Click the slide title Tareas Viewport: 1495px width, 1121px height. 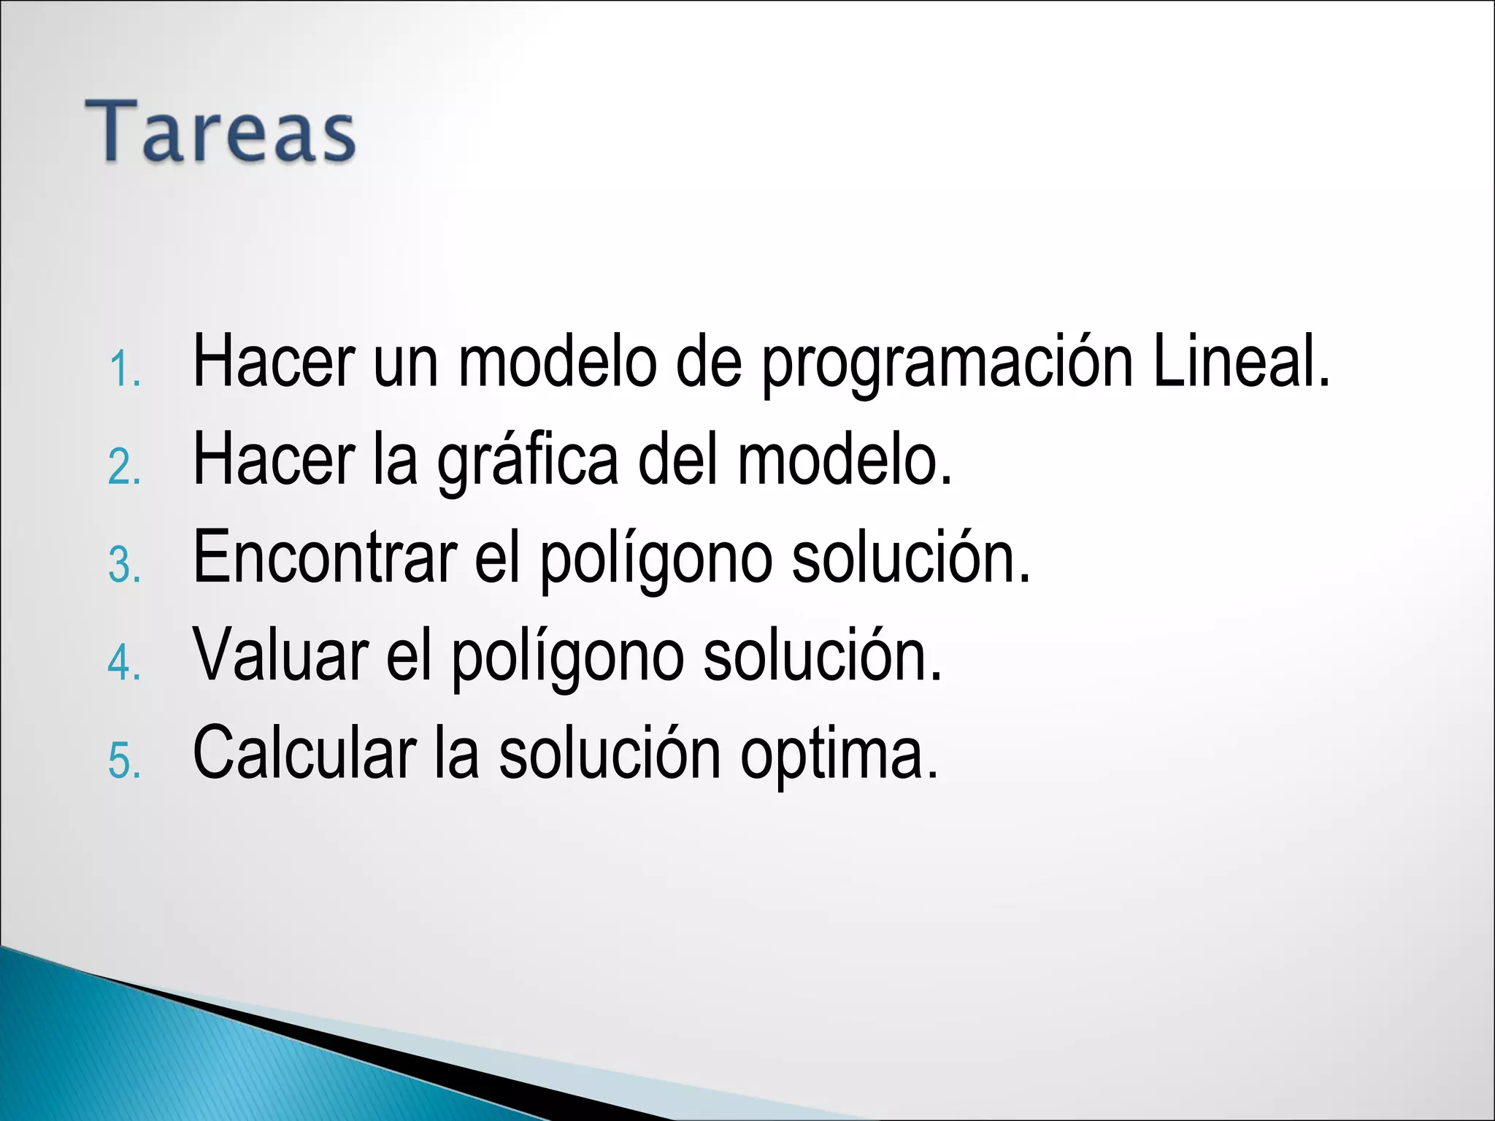tap(220, 131)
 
